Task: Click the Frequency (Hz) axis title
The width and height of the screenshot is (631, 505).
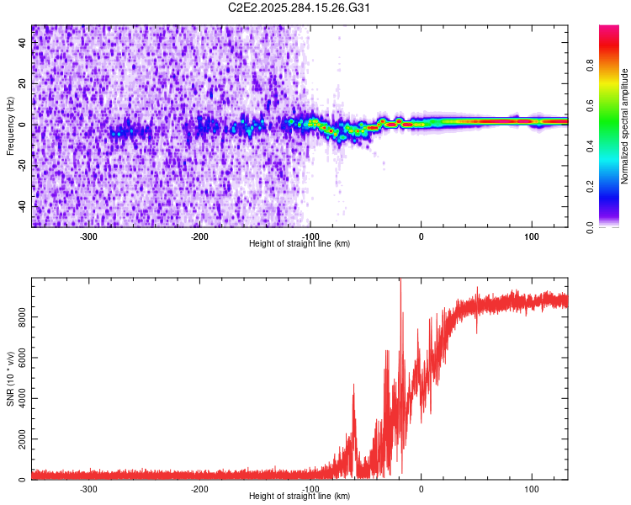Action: [10, 126]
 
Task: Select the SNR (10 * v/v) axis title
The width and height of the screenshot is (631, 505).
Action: [10, 379]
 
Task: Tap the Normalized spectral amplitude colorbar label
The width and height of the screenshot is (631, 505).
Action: [624, 126]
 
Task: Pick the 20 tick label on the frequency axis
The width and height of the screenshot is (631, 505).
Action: [23, 84]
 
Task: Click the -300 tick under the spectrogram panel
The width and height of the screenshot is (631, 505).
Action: [89, 237]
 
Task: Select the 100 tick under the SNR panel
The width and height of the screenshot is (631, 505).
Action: [531, 489]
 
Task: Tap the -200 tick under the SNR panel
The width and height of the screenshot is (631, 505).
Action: [199, 489]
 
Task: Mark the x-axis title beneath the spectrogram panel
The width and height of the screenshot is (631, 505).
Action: [300, 244]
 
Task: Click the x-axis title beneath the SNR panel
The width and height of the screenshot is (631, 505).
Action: [300, 497]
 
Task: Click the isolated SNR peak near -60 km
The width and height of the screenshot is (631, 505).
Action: [353, 386]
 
